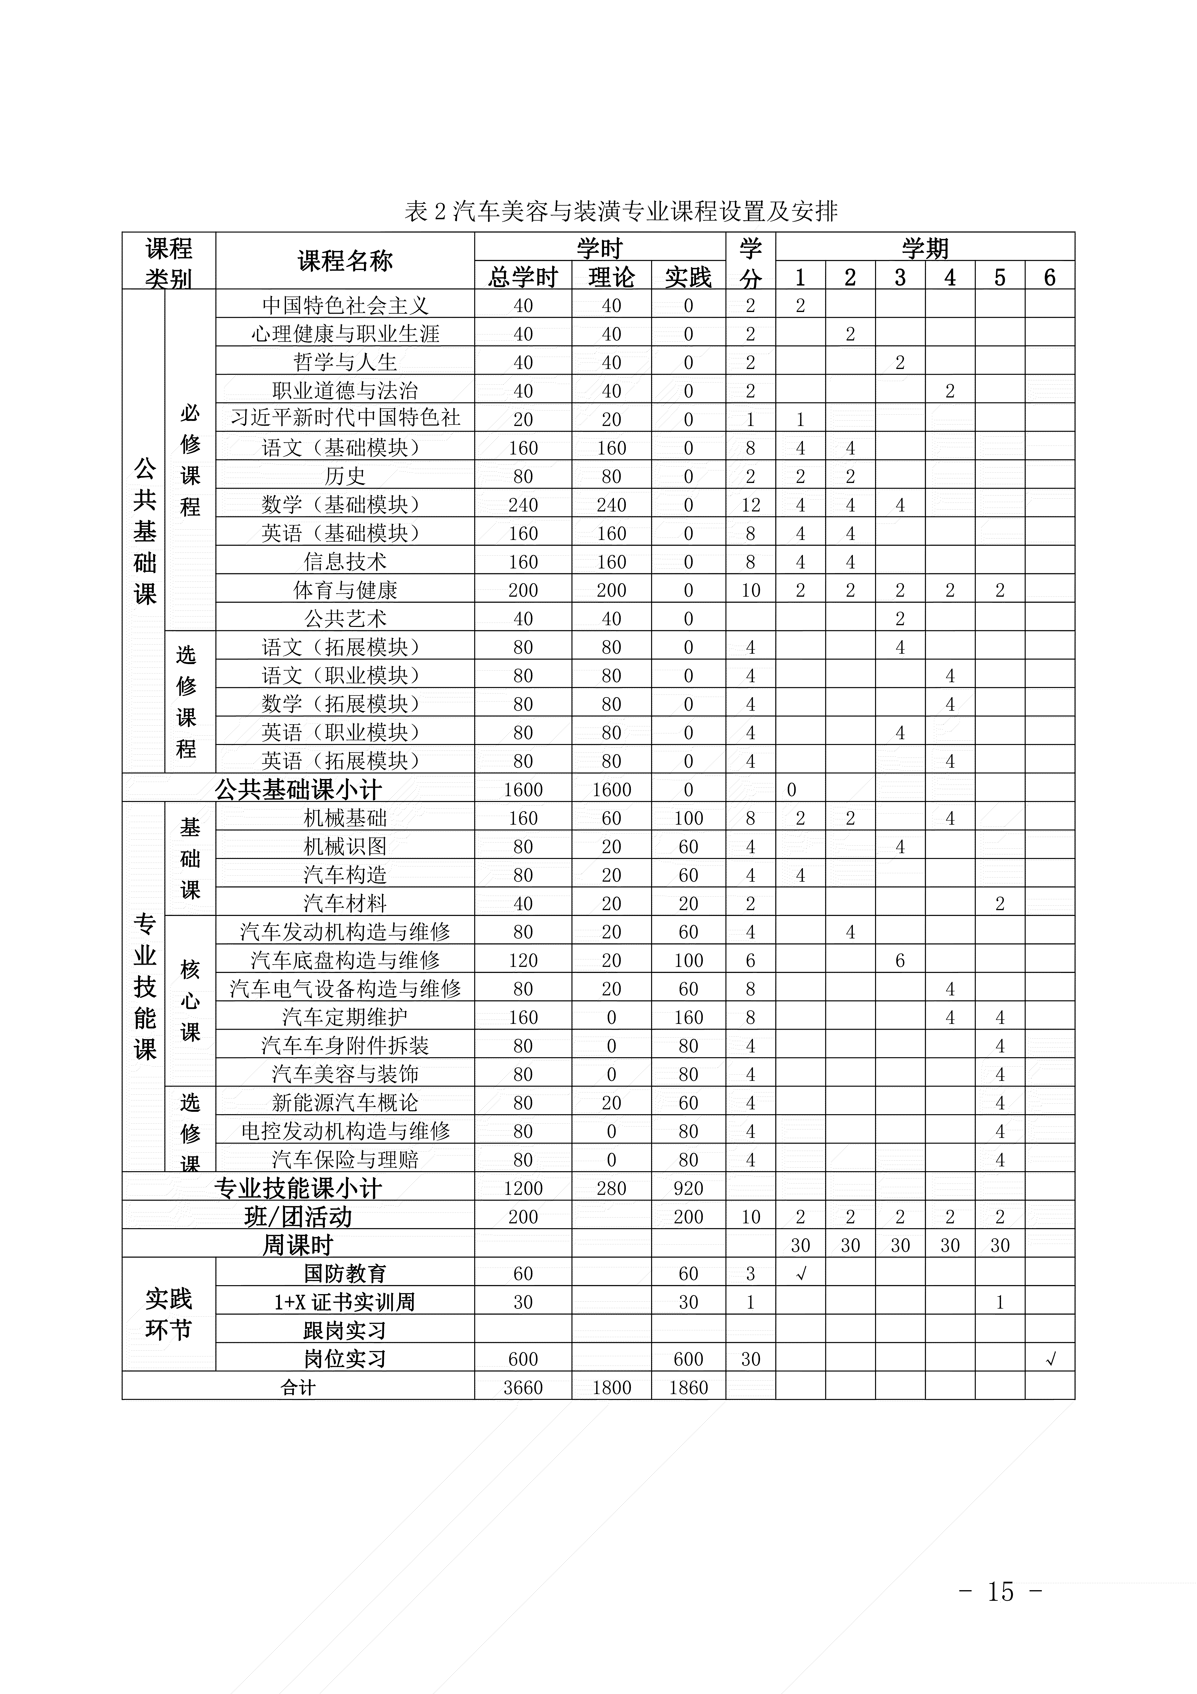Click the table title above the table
pos(621,213)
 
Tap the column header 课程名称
pos(345,261)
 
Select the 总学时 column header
pos(523,277)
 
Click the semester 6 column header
pos(1050,277)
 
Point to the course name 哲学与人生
pos(345,362)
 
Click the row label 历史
pos(345,477)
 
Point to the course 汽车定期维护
pos(345,1017)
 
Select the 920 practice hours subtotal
pos(688,1189)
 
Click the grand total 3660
pos(523,1388)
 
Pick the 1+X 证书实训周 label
pos(345,1302)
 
